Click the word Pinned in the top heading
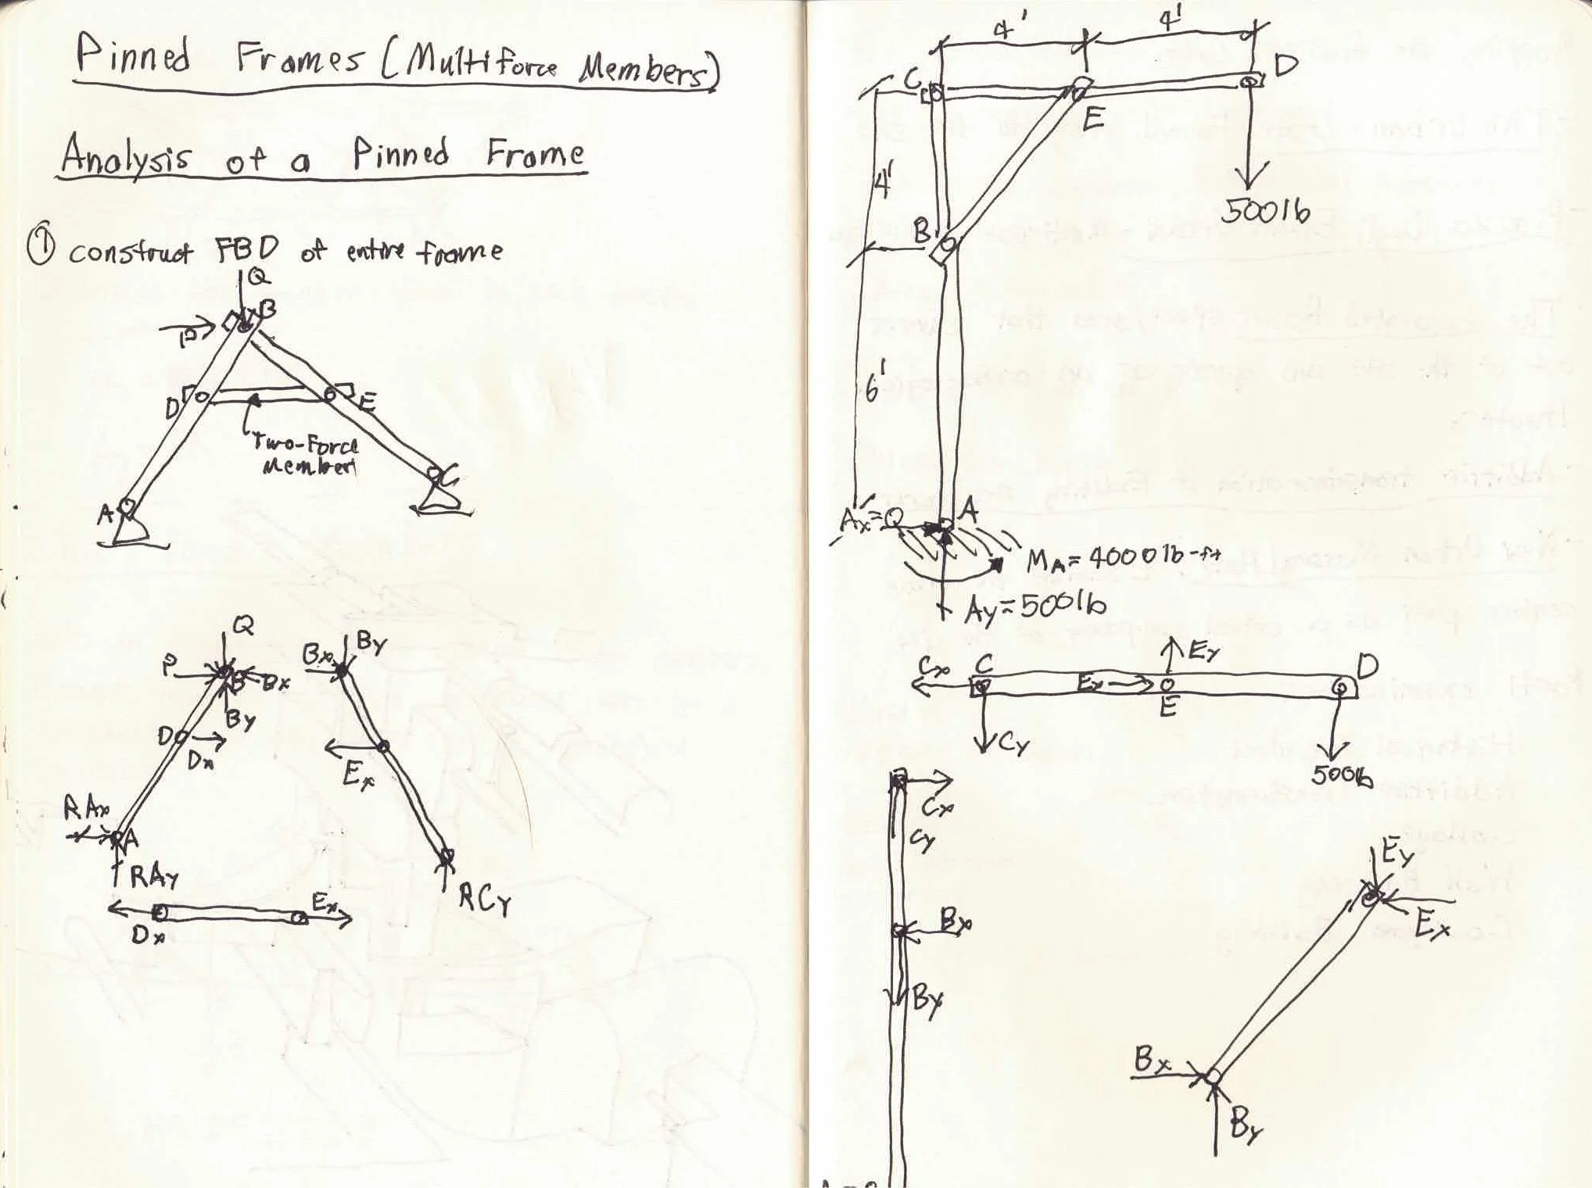point(134,55)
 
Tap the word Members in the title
point(645,71)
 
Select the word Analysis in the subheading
point(125,155)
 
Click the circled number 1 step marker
point(40,248)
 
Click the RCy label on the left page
point(484,900)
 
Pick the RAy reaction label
point(154,877)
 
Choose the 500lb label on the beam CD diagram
point(1342,775)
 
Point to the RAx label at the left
point(86,810)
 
